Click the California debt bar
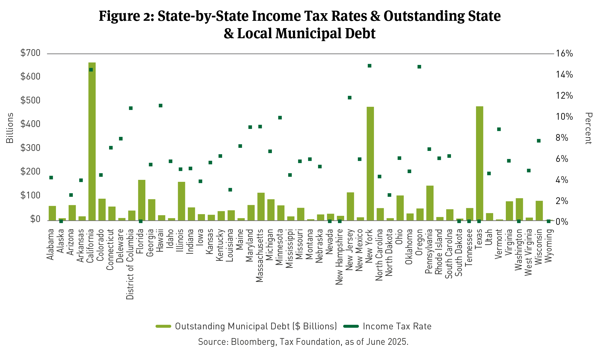(x=92, y=141)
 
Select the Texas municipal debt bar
(x=479, y=163)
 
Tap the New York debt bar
(x=370, y=163)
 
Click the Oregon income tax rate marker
(x=419, y=67)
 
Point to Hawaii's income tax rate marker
(x=161, y=106)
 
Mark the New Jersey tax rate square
(x=350, y=98)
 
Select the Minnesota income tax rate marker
(x=280, y=117)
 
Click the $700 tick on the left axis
(x=30, y=53)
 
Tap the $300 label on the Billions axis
(x=30, y=148)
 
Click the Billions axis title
(x=10, y=128)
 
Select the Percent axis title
(x=588, y=128)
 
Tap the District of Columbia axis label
(x=130, y=264)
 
